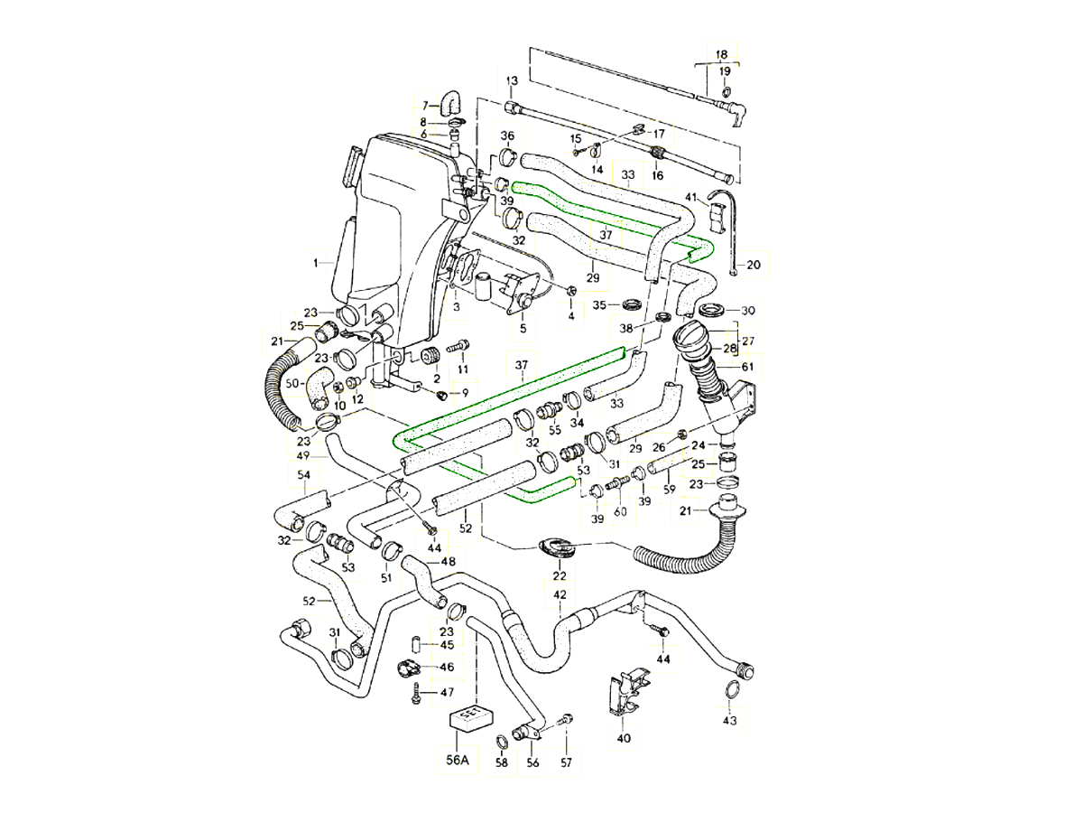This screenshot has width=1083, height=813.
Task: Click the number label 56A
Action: pyautogui.click(x=459, y=760)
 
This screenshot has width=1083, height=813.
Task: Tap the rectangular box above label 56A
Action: pyautogui.click(x=470, y=717)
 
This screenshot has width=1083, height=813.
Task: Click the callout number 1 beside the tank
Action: pyautogui.click(x=317, y=263)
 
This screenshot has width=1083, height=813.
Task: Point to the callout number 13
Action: pyautogui.click(x=511, y=81)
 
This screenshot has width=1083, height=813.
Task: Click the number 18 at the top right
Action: pyautogui.click(x=721, y=54)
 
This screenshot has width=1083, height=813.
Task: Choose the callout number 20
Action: pyautogui.click(x=754, y=266)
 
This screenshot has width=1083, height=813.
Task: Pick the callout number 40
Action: pyautogui.click(x=624, y=738)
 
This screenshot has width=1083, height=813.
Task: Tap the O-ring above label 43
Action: pyautogui.click(x=730, y=692)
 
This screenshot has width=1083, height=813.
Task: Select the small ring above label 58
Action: pyautogui.click(x=502, y=742)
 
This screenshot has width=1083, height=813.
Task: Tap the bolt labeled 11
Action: pyautogui.click(x=458, y=344)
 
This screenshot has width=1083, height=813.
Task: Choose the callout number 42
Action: pyautogui.click(x=560, y=594)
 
